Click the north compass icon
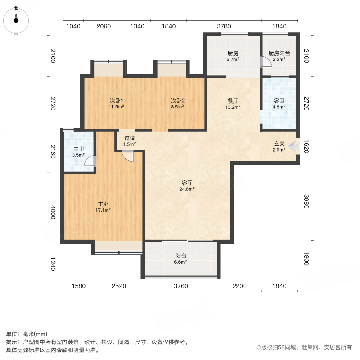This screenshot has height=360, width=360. [x=16, y=19]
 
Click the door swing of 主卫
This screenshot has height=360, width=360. [x=90, y=161]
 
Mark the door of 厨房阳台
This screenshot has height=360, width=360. [x=265, y=62]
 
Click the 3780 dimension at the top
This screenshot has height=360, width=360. [x=224, y=26]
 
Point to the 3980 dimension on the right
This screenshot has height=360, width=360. [x=306, y=201]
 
